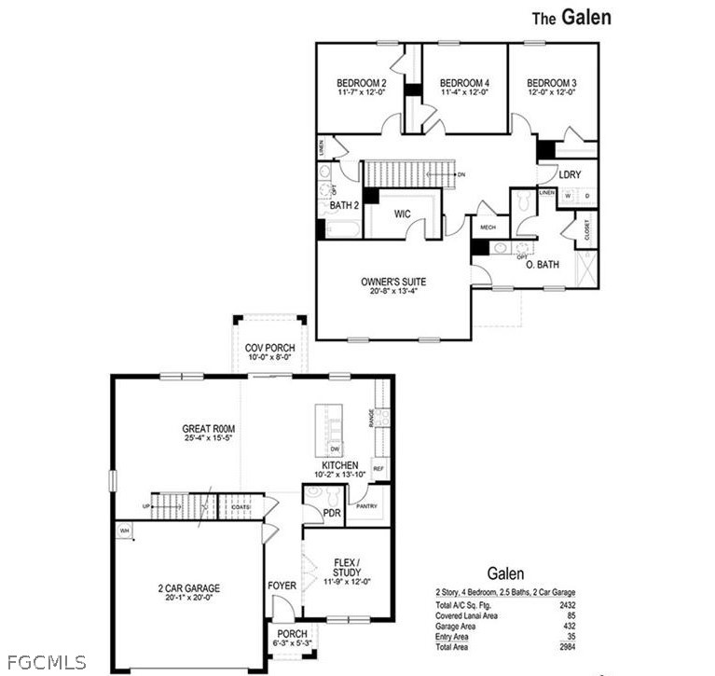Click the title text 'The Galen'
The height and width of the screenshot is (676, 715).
coord(571,17)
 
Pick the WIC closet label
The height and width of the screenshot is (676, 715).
coord(402,214)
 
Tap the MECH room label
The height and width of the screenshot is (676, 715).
coord(488,227)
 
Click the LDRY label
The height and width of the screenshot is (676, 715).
coord(571,174)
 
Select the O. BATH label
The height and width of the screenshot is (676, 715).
coord(542,265)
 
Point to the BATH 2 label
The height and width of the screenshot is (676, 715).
coord(344,206)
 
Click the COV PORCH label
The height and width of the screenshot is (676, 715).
coord(269,348)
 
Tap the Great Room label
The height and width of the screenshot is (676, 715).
coord(208,429)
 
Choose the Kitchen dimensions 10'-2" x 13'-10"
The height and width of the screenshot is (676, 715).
coord(340,476)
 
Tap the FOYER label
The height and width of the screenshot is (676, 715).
coord(282,586)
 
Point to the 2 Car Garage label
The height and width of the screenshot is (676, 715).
coord(188,587)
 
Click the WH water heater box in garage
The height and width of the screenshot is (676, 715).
coord(123,531)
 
